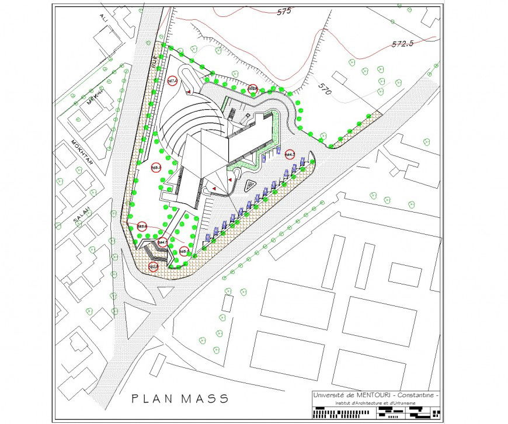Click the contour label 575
tap(284, 11)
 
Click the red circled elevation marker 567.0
tap(172, 81)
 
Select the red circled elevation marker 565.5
tap(156, 167)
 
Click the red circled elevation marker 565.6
tap(142, 226)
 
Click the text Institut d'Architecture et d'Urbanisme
tap(375, 404)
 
